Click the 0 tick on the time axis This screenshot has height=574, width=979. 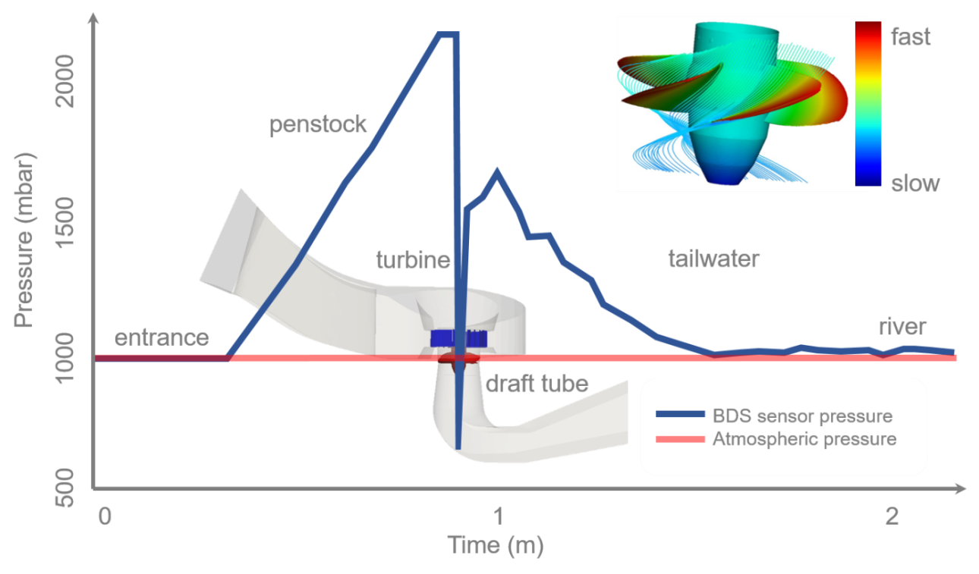coord(105,518)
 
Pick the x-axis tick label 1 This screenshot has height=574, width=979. coord(499,518)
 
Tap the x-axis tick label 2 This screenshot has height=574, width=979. coord(892,518)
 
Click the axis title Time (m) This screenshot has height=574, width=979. coord(495,545)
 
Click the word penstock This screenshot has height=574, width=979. coord(319,124)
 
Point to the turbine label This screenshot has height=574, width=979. coord(413,260)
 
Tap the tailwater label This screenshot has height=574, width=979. coord(713,259)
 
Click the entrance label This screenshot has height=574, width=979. coord(161,337)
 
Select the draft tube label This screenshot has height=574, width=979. coord(537,384)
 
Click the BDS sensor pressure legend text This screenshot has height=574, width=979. coord(802,416)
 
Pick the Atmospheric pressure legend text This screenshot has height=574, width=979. coord(804,439)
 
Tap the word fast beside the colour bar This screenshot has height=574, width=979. coord(910,37)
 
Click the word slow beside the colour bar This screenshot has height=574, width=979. coord(914,183)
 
